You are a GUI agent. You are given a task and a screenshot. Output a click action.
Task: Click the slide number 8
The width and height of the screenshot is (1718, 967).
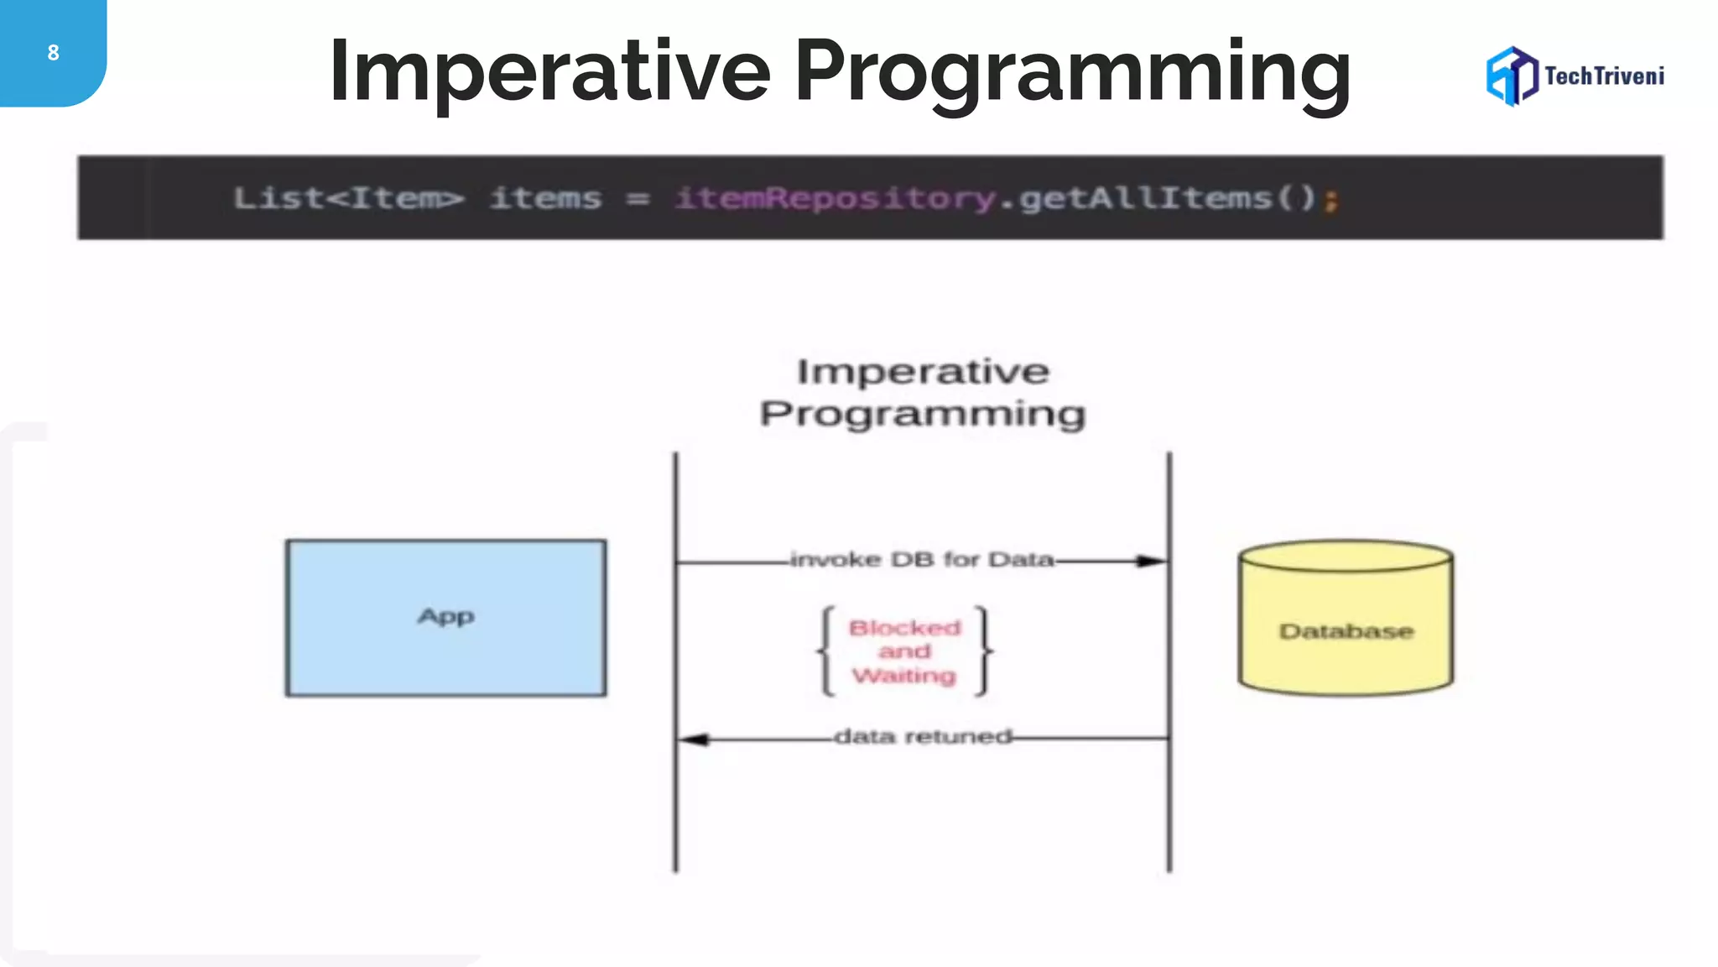(53, 53)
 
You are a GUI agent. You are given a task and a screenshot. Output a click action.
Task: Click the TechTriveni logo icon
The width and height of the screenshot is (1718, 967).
(1512, 76)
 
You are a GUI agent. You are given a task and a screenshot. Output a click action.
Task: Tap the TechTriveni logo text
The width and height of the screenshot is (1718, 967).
(1604, 76)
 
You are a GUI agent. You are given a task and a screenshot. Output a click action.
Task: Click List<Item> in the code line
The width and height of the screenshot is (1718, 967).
(348, 199)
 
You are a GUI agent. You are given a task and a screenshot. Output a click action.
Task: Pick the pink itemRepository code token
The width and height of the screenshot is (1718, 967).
(835, 199)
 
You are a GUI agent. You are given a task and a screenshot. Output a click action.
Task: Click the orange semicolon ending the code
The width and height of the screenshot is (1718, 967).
(1330, 201)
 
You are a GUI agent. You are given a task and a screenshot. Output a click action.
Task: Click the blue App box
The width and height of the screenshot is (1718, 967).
(445, 618)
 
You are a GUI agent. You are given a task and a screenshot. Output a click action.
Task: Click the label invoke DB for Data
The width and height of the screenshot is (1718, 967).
(922, 560)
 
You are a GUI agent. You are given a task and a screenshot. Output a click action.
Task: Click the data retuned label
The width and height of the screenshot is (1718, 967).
(923, 737)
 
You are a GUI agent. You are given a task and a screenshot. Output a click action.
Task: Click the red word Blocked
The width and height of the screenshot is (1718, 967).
(904, 628)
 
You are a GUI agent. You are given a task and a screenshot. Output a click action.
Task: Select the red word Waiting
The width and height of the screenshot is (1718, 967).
(904, 676)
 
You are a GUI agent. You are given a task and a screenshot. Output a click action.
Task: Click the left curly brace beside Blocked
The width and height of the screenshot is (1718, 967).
(826, 651)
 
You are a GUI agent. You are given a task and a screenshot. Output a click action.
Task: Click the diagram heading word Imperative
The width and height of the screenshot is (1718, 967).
(923, 372)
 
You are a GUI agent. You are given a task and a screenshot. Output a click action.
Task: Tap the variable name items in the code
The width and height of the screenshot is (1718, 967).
(546, 199)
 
